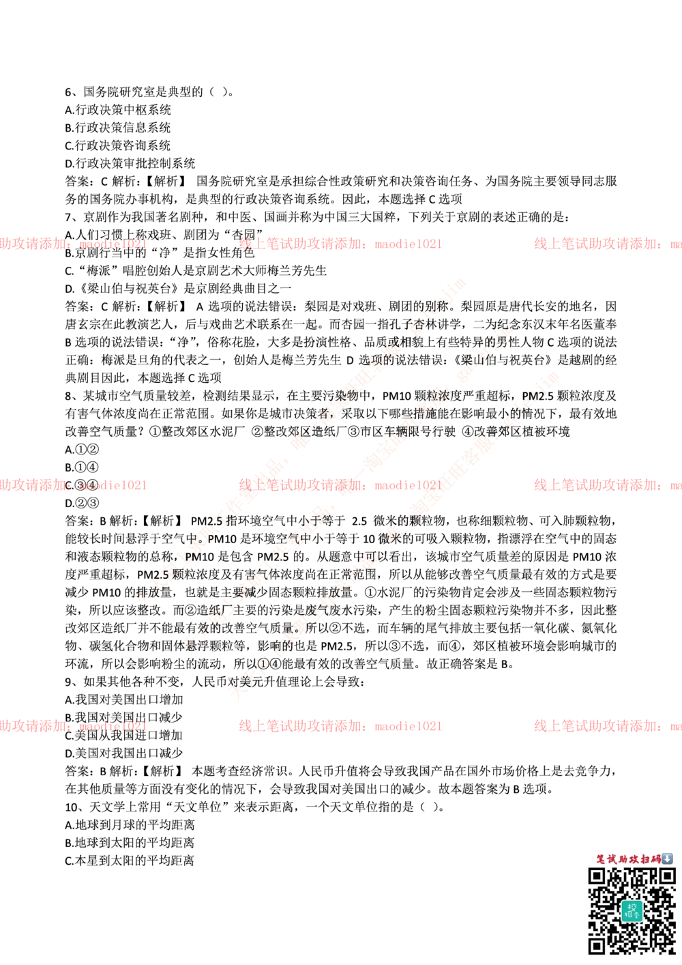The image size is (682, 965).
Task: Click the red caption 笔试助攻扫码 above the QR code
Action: pos(628,859)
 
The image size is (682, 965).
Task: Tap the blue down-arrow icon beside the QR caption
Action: pos(667,859)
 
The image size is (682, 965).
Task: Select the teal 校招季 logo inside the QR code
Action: pos(632,910)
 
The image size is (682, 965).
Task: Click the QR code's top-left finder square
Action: pos(597,876)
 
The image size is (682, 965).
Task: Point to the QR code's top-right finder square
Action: pos(666,876)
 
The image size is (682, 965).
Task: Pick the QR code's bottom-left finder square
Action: pos(597,945)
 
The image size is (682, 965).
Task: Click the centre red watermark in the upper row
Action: pos(340,244)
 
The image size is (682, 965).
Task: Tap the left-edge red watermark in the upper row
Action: pos(72,244)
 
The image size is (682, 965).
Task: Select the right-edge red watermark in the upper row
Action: pos(607,244)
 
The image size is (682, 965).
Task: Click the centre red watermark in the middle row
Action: pos(340,485)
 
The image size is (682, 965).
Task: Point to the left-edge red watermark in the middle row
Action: pos(72,485)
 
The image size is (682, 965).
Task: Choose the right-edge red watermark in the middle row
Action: pos(607,485)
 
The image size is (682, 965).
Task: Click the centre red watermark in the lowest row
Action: pos(340,726)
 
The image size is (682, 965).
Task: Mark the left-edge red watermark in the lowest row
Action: pos(72,726)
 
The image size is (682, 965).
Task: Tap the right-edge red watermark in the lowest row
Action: pos(607,726)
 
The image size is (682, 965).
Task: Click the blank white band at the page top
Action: pos(341,57)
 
